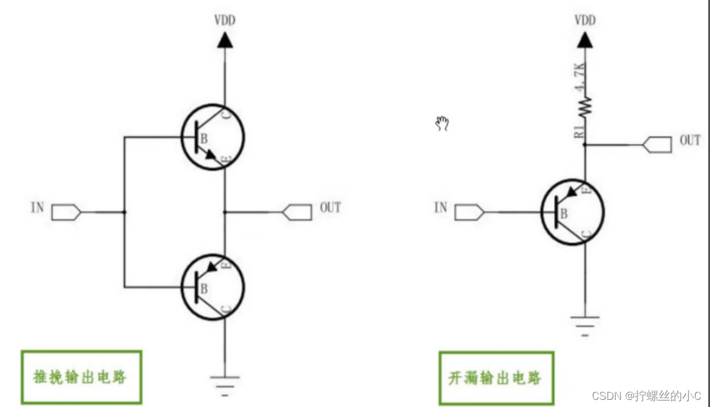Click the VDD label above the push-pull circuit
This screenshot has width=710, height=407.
(224, 21)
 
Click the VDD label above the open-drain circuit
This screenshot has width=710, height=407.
(585, 21)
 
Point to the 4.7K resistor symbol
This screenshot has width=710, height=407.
(585, 106)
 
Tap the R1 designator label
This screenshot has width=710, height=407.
(579, 132)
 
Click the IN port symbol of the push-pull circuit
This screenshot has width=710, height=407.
(66, 212)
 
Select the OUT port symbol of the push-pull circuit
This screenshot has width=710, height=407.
(297, 212)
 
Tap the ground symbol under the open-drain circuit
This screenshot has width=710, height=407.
(585, 325)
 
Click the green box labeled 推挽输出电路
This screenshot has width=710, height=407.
(81, 377)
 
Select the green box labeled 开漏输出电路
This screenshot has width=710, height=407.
(496, 377)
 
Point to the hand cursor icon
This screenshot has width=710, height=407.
(442, 123)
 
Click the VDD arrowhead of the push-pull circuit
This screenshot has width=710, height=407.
(224, 40)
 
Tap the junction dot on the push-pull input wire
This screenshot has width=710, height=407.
(125, 212)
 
